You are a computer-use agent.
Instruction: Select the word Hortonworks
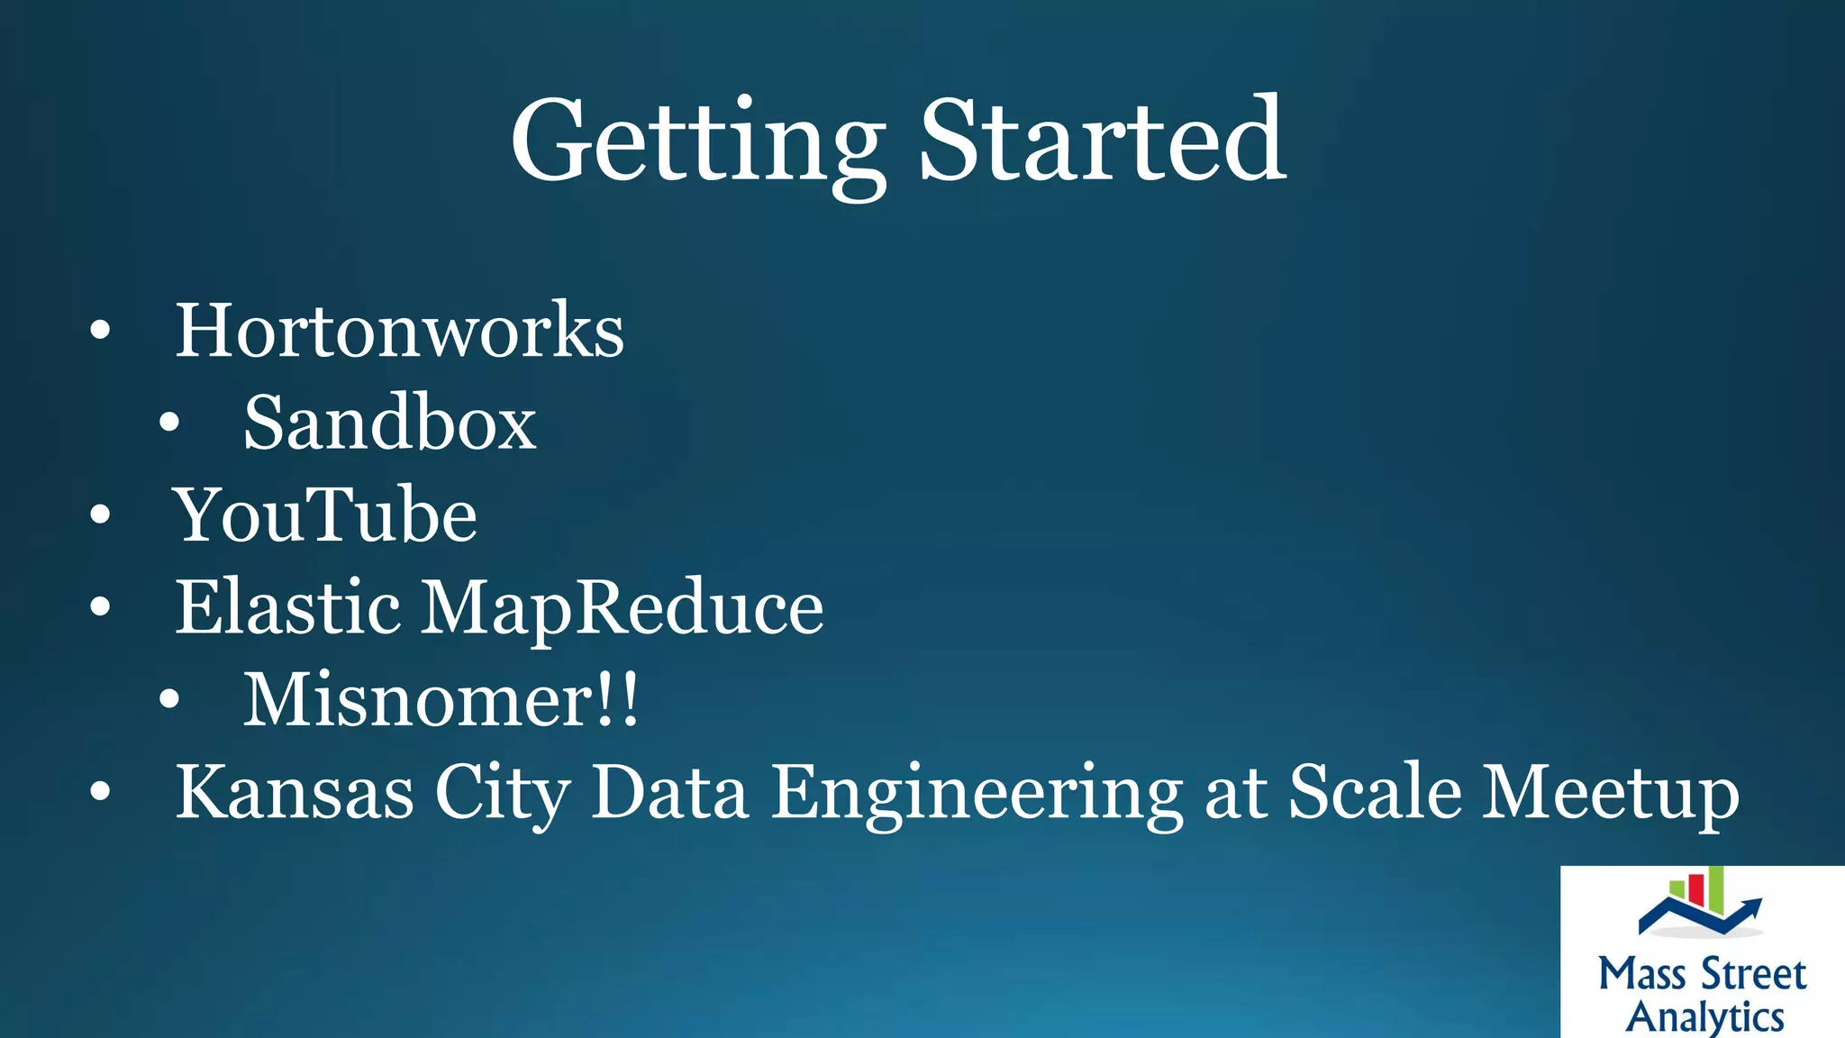tap(399, 331)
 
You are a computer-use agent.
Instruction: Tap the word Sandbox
tap(389, 423)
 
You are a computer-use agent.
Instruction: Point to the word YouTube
tap(325, 515)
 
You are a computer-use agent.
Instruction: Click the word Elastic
tap(287, 607)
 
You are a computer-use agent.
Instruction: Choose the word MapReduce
tap(623, 609)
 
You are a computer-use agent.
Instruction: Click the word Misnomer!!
tap(441, 700)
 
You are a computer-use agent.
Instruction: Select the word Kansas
tap(295, 793)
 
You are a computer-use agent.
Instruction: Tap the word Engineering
tap(977, 794)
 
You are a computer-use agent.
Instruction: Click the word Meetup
tap(1611, 794)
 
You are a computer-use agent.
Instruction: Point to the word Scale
tap(1375, 793)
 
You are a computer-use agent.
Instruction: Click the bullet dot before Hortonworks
tap(100, 331)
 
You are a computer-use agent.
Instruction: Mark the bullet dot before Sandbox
tap(169, 423)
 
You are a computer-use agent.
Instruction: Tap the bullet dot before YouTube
tap(100, 515)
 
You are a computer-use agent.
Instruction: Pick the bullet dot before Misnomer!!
tap(169, 700)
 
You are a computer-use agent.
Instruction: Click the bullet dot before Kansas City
tap(100, 793)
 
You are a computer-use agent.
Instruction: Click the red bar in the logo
tap(1695, 888)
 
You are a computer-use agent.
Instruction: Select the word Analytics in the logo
tap(1704, 1016)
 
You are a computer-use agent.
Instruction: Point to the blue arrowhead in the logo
tap(1751, 905)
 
